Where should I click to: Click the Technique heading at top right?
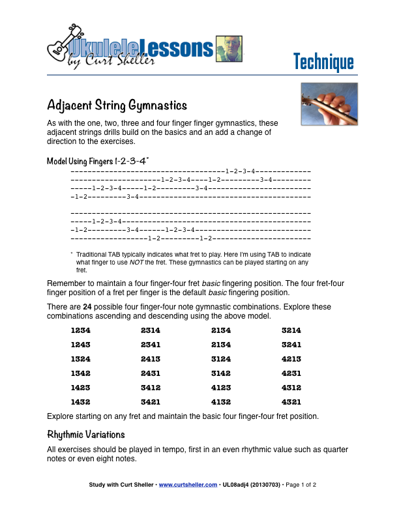323,62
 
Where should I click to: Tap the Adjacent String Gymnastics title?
117,105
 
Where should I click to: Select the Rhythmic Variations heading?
86,434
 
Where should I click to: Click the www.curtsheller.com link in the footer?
188,485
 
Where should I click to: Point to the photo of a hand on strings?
329,104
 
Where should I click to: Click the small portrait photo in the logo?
228,49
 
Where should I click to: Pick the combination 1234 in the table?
80,330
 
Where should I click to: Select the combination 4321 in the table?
291,402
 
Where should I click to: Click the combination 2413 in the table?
151,359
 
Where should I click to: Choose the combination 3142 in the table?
221,373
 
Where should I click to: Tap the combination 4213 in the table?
291,359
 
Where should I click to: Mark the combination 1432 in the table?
80,402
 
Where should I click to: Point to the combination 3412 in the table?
151,388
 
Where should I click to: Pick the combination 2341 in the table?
151,345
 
